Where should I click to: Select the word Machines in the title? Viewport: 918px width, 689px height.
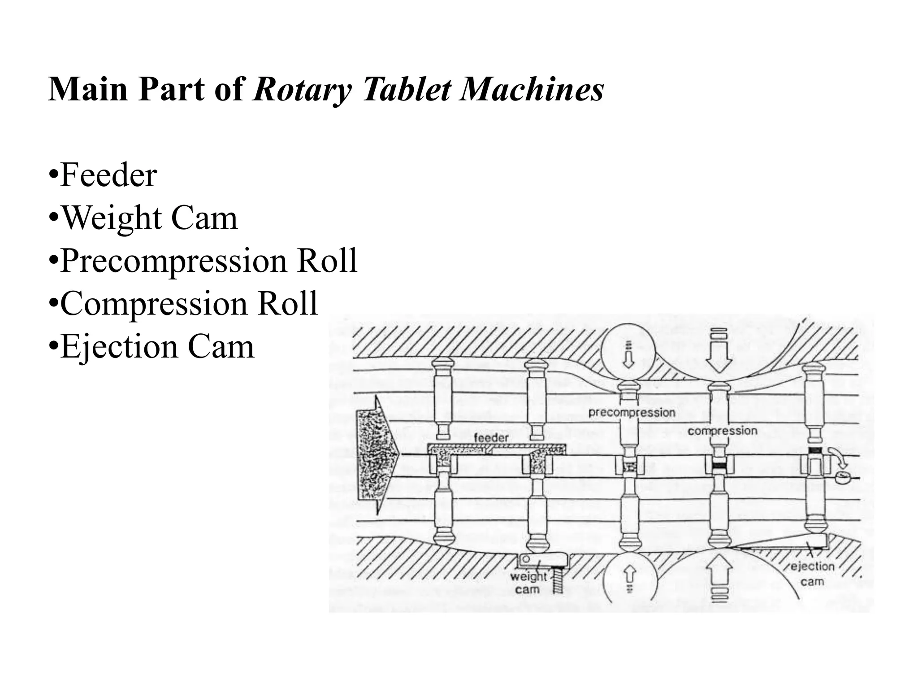532,90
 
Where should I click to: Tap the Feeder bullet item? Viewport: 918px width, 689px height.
103,175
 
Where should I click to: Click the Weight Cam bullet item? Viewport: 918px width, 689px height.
143,218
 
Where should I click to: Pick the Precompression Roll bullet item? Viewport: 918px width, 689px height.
203,261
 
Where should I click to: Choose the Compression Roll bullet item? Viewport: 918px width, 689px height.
183,304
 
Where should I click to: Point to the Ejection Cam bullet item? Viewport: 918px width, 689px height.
152,347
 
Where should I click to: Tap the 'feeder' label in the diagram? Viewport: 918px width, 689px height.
491,437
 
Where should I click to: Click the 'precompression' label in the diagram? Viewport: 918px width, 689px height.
632,412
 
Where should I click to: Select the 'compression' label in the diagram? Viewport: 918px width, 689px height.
722,431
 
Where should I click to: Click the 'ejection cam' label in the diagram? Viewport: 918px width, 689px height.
812,574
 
